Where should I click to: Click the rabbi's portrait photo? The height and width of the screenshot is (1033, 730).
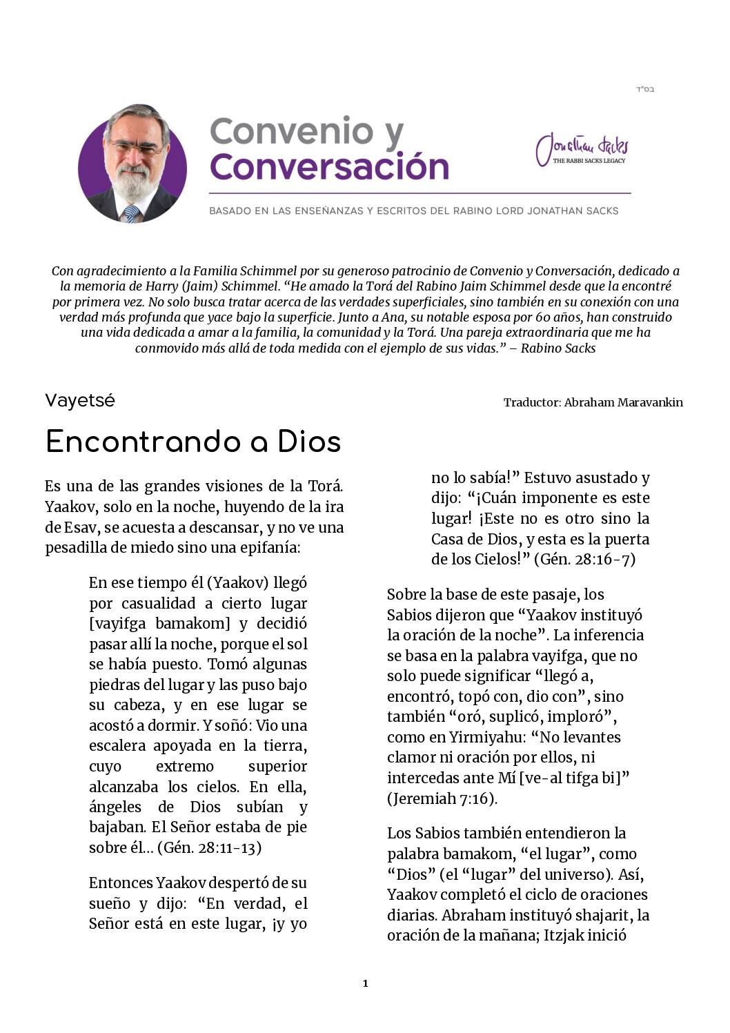[x=132, y=164]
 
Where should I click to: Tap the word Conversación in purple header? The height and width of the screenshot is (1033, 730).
[x=329, y=167]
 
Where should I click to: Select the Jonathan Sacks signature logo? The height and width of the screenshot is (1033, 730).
[x=583, y=148]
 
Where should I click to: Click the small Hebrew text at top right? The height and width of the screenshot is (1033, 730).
[x=644, y=89]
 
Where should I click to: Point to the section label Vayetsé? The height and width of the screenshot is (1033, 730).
[x=80, y=401]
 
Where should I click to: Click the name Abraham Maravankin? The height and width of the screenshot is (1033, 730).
[x=623, y=402]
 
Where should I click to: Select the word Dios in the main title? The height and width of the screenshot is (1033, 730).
[x=309, y=442]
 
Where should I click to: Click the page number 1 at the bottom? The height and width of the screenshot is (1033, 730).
[x=365, y=983]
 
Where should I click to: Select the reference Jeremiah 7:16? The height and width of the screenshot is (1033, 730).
[x=442, y=799]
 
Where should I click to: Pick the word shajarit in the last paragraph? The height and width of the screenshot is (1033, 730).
[x=606, y=916]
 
